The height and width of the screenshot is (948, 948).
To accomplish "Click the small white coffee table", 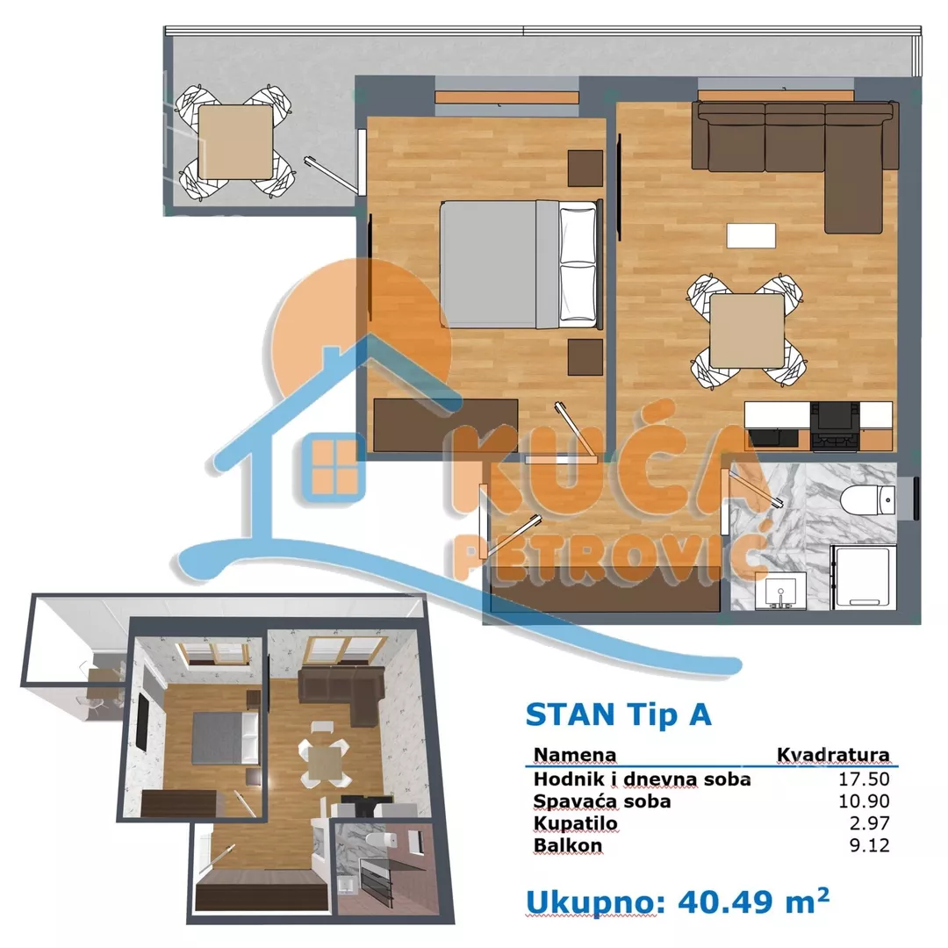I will click(751, 235).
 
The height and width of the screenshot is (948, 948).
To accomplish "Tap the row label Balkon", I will click(568, 845).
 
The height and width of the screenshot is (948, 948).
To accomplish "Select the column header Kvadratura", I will click(833, 755).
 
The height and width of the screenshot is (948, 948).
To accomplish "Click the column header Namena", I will click(575, 755).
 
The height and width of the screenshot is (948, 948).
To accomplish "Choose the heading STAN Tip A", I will click(618, 715).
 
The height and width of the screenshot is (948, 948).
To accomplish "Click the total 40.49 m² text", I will click(678, 901).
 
